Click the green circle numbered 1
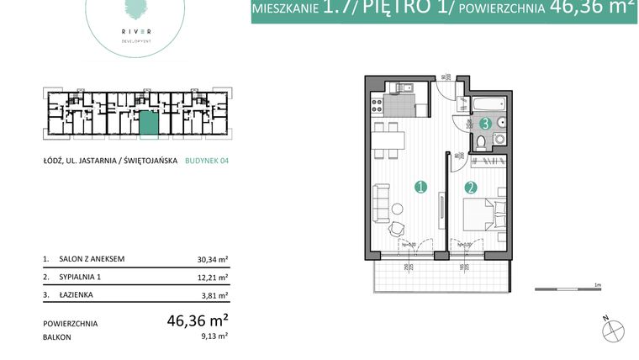[x=420, y=188]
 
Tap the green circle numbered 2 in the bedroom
[x=471, y=188]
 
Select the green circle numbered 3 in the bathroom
[x=485, y=124]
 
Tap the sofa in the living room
[x=380, y=201]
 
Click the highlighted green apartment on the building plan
[x=148, y=124]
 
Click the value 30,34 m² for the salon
[x=212, y=260]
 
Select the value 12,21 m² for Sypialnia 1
[x=212, y=277]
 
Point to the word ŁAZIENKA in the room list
[x=77, y=294]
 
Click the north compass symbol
[x=613, y=331]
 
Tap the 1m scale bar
[x=568, y=289]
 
